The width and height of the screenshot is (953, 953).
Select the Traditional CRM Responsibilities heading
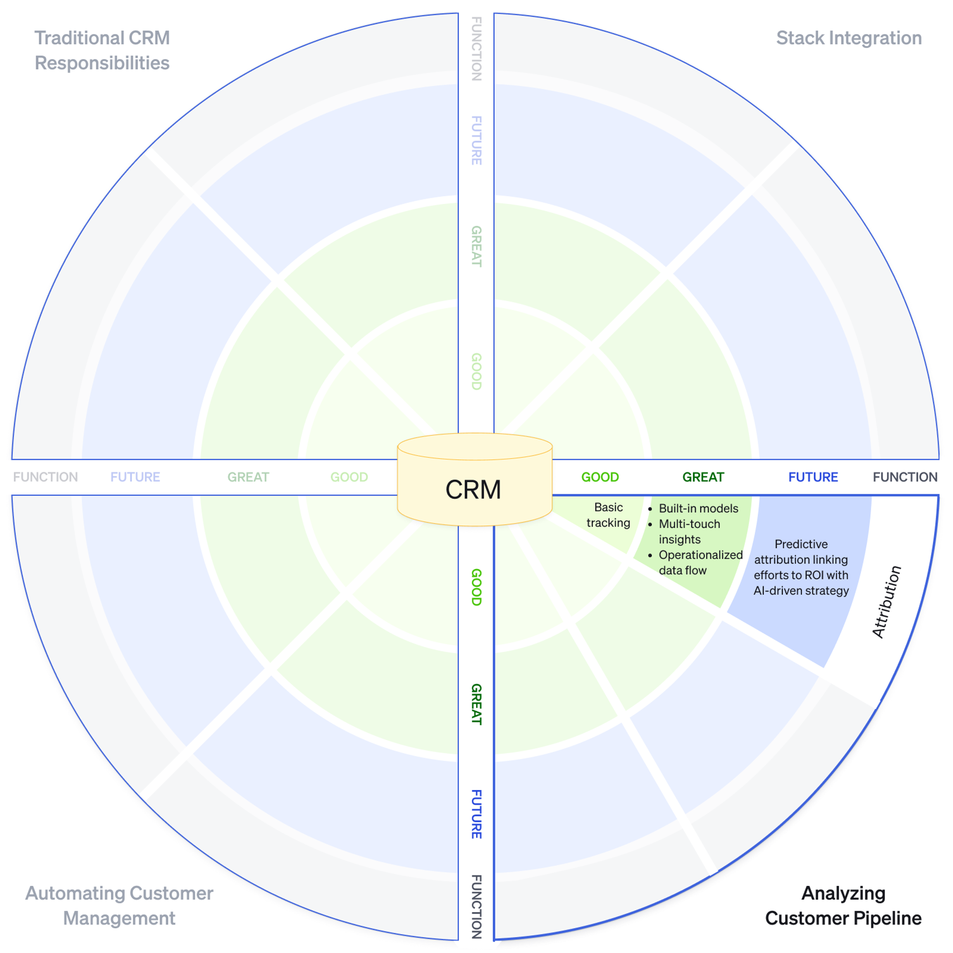coord(102,51)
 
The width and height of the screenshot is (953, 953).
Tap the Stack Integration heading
coord(849,38)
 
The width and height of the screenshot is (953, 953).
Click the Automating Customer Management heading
coord(120,905)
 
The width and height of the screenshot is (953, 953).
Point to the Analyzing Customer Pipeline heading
coord(843,905)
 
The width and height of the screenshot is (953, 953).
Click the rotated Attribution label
coord(886,602)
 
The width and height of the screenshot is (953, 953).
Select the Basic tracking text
coord(608,515)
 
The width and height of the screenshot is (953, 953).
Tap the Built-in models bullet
coord(698,508)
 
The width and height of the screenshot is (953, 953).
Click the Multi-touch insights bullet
coord(689,531)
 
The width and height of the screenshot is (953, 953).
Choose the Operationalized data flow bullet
coord(700,562)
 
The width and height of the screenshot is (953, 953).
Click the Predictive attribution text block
coord(801,567)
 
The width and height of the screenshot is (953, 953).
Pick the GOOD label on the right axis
coord(600,477)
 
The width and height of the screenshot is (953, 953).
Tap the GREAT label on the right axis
coord(703,477)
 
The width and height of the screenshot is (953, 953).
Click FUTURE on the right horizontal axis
coord(813,477)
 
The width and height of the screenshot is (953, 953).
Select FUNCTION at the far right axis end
coord(905,477)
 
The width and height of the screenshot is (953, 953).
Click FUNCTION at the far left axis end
coord(45,477)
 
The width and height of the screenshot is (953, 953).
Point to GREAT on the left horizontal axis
coord(248,477)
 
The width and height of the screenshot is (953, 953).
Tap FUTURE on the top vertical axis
coord(476,141)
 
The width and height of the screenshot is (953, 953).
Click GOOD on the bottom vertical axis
coord(476,587)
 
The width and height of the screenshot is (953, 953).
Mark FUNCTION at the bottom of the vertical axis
coord(476,907)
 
